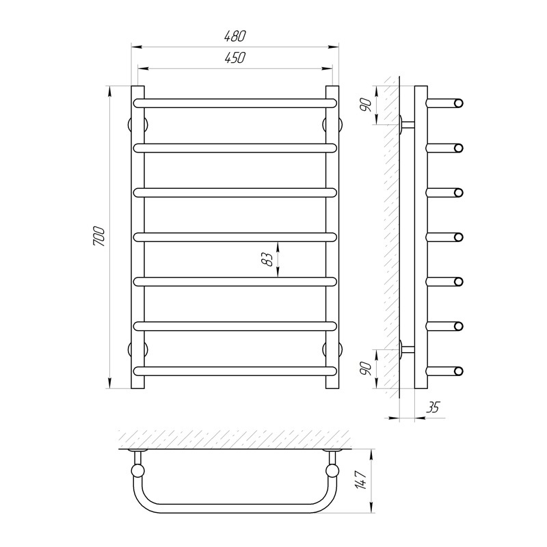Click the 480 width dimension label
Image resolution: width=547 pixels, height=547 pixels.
coord(235,36)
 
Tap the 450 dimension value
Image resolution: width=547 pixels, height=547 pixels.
coord(235,58)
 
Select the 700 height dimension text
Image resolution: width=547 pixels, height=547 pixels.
coord(98,237)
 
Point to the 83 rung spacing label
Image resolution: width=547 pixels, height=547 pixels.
coord(267,259)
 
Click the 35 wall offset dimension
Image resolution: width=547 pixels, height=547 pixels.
coord(433,407)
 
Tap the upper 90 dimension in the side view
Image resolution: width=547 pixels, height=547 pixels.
coord(365,105)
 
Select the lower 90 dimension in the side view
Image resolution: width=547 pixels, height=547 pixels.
coord(365,369)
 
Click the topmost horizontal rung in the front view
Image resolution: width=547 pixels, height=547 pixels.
coord(235,103)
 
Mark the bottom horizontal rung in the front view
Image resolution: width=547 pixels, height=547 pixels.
coord(235,371)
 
